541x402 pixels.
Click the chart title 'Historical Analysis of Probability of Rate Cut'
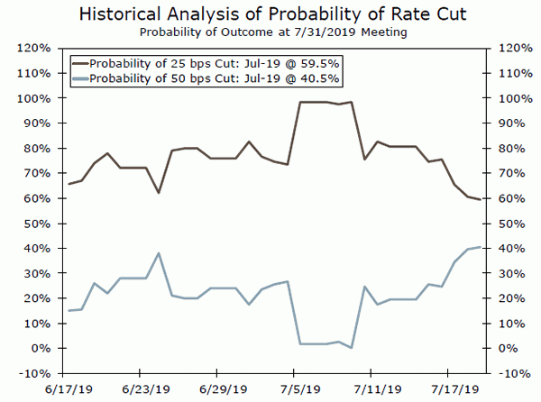click(x=270, y=14)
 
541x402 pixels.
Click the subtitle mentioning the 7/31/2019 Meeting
click(x=270, y=32)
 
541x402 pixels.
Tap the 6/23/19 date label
click(x=140, y=392)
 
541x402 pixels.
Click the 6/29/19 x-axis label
click(x=216, y=392)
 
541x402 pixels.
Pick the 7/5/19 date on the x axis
click(x=294, y=392)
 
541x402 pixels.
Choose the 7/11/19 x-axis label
click(x=371, y=392)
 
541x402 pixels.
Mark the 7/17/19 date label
click(x=448, y=392)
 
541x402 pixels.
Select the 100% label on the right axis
click(x=508, y=98)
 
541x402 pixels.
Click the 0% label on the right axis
click(x=505, y=348)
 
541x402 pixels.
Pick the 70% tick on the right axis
click(x=506, y=173)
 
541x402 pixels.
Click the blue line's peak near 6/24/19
click(x=159, y=253)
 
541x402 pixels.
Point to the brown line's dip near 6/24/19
click(x=159, y=193)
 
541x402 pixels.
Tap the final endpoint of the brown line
click(x=480, y=199)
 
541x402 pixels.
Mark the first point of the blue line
click(x=69, y=311)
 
